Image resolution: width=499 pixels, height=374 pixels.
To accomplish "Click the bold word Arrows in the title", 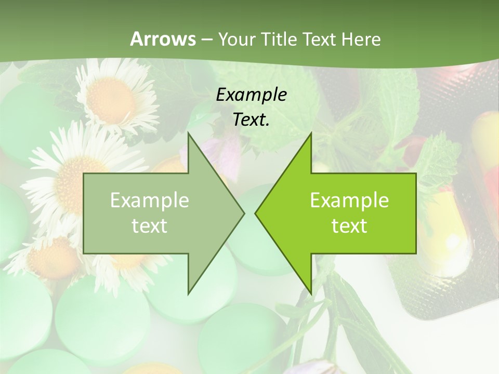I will (x=162, y=39).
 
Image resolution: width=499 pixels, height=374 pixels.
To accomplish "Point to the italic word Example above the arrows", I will (x=251, y=95).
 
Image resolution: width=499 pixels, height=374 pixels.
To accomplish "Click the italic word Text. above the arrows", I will (x=251, y=119).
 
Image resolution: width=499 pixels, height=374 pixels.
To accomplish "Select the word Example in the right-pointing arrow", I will (x=150, y=200).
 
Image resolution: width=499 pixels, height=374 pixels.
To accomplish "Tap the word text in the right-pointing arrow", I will (x=150, y=226).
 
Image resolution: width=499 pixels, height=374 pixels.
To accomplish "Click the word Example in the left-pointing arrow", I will (x=349, y=200).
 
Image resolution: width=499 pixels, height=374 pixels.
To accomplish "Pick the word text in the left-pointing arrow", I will (x=349, y=226).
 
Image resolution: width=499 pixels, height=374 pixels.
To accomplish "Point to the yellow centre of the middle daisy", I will (x=73, y=179).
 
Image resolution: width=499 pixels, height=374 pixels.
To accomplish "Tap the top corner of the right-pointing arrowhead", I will (x=188, y=133).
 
